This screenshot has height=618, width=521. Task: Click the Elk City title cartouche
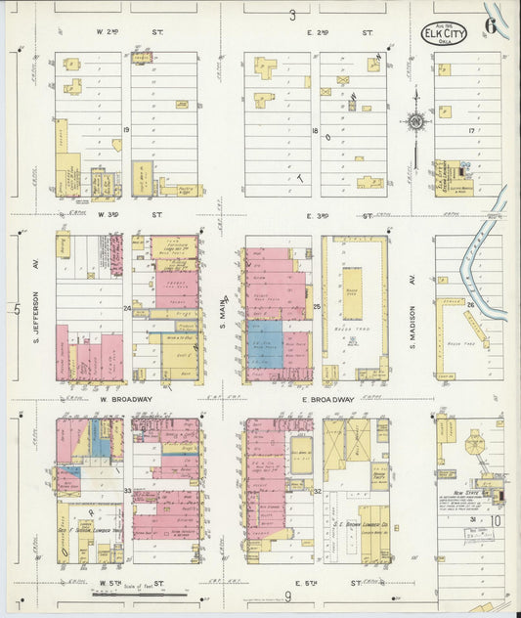tap(444, 33)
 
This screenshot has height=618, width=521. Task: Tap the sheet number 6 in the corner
tap(490, 26)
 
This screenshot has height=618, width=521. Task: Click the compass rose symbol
tap(416, 122)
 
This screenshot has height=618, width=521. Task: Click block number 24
tap(127, 309)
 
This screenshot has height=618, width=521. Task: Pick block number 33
tap(127, 490)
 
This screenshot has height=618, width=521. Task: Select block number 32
tap(318, 491)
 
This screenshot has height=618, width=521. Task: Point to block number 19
tap(126, 129)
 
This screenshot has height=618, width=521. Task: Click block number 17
tap(470, 129)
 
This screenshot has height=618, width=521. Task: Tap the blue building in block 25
tap(265, 344)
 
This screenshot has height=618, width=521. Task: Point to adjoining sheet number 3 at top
tap(291, 15)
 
